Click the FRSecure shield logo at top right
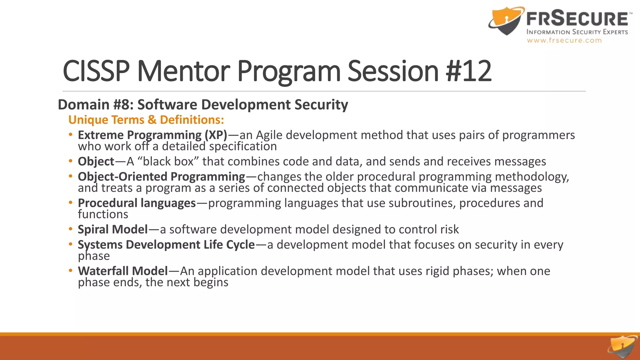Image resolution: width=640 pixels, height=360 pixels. (506, 21)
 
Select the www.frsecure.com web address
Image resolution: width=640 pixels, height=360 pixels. (564, 40)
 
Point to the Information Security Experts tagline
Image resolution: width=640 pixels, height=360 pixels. (577, 32)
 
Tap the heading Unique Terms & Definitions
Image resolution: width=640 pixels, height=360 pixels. (146, 120)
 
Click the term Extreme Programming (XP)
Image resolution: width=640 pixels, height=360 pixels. (152, 135)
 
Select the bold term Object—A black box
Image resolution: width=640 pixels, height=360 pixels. (96, 162)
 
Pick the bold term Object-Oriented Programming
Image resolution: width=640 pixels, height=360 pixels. (161, 177)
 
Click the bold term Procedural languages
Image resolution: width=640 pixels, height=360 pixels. (137, 203)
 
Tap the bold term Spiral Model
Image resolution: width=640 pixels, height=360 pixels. (112, 230)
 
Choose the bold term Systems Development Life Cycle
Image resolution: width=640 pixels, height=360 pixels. (166, 245)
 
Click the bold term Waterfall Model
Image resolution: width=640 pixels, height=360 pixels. (123, 271)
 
